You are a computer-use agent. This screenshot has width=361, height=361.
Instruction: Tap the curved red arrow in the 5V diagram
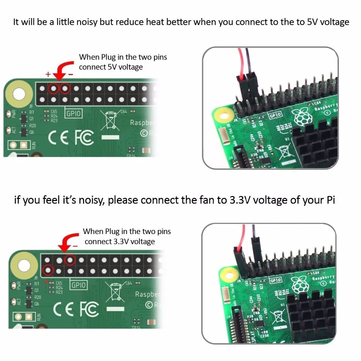click(61, 69)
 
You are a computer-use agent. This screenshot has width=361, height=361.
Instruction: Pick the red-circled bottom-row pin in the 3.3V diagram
click(48, 270)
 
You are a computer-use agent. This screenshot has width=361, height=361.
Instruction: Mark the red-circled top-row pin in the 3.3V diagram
click(70, 259)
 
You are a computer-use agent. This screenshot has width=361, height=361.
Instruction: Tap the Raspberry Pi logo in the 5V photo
click(300, 117)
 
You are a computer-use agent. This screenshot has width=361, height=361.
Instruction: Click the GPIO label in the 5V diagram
click(74, 113)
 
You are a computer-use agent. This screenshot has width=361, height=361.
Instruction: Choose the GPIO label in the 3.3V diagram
click(78, 284)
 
